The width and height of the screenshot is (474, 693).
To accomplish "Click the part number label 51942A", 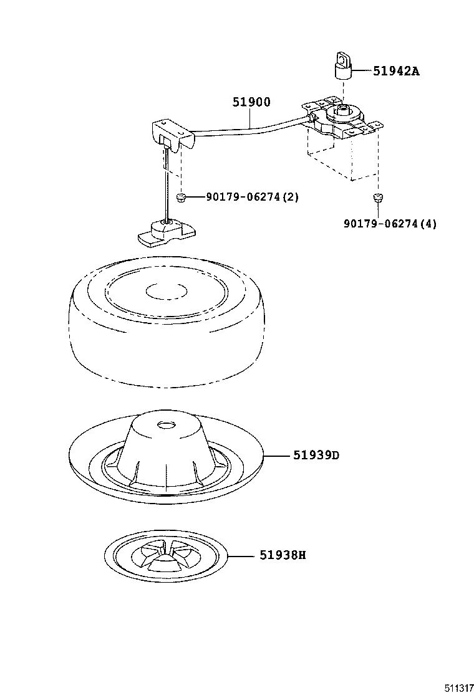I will click(396, 71).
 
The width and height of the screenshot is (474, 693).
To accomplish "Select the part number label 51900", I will click(251, 103).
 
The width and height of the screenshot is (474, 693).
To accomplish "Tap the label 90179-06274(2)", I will click(253, 197).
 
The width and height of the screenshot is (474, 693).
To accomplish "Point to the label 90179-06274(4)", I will click(390, 224).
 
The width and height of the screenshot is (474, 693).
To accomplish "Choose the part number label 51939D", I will click(316, 455).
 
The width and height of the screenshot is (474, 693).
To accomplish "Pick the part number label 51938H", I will click(283, 555).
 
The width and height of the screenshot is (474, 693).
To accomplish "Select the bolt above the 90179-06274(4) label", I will click(377, 198).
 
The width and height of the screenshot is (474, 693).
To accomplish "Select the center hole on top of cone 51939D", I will click(167, 424).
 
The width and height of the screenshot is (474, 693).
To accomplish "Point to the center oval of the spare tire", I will click(167, 290).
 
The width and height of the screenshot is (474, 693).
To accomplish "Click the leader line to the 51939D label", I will click(278, 456).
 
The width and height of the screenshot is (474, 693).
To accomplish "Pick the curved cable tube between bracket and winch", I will click(249, 130).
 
